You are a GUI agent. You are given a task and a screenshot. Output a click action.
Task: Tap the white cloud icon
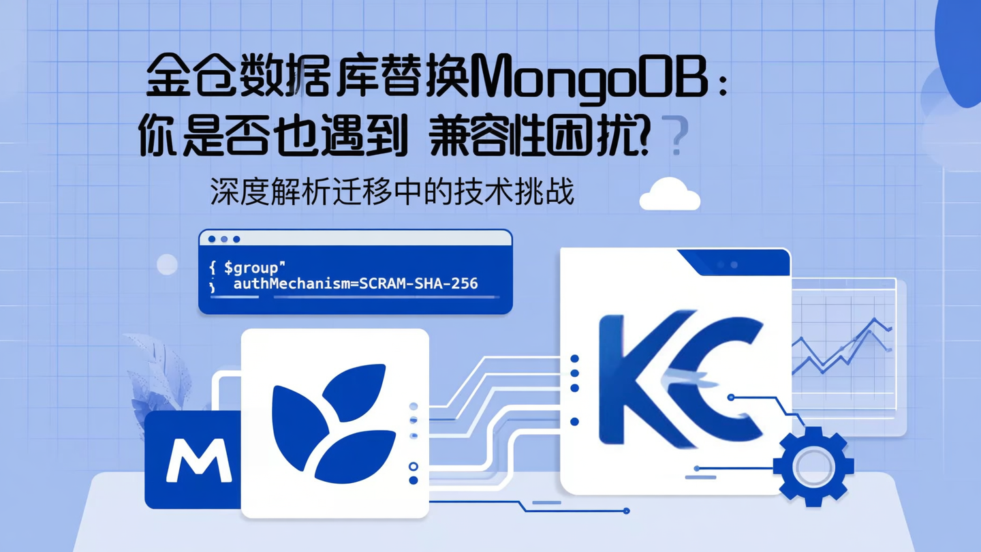670,195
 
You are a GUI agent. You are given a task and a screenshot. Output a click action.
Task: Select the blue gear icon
813,466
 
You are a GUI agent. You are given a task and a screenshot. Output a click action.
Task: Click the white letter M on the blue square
199,461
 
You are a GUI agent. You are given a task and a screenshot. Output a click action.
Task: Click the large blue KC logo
678,378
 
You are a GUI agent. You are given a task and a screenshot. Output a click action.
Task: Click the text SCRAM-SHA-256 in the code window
418,283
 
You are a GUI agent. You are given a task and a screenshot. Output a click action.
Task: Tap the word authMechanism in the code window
290,283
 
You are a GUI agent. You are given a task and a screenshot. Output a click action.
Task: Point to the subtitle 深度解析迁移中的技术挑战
392,193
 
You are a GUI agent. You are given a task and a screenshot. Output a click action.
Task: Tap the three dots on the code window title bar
224,239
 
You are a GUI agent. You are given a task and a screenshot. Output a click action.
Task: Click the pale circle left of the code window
167,264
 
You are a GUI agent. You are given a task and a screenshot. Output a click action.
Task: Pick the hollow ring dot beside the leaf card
413,467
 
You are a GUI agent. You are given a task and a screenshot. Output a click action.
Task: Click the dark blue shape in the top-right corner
962,48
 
